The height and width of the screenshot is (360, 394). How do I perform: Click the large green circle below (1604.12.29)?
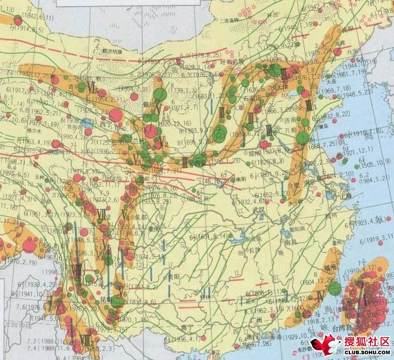[x=334, y=289]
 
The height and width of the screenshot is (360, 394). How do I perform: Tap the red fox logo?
[x=323, y=345]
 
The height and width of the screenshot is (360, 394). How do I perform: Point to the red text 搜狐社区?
[x=367, y=342]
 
